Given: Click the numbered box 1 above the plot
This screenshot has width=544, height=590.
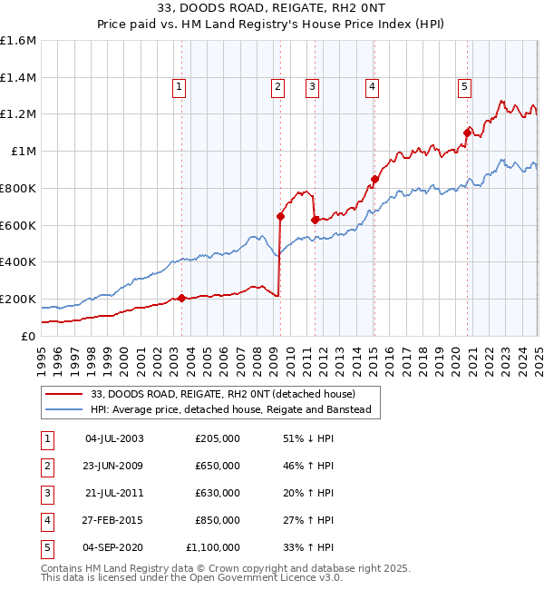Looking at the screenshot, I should coord(179,87).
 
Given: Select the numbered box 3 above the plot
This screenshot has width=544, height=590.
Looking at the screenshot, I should coord(312,87).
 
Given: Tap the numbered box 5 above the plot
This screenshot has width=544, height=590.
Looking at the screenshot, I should coord(464,87).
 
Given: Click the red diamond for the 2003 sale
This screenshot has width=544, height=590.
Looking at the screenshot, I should coord(182,298).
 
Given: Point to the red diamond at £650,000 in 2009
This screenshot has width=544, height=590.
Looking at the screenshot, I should coord(281,216).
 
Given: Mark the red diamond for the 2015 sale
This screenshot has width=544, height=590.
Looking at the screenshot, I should coord(374,179).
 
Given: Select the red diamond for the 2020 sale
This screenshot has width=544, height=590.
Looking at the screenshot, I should coord(468,133).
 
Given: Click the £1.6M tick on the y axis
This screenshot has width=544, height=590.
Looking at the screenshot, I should coord(19,41).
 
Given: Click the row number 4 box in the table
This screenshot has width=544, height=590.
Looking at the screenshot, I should coord(45,520).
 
